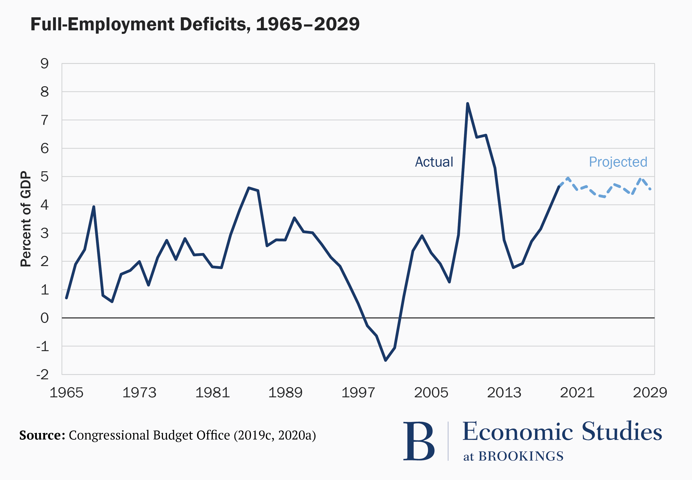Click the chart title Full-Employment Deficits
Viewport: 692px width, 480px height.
click(x=195, y=24)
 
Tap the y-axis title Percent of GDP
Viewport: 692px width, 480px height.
click(x=26, y=219)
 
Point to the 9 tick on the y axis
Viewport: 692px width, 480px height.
click(x=45, y=64)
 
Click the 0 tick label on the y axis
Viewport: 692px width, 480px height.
click(x=45, y=318)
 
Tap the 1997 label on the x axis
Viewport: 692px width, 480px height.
click(x=358, y=393)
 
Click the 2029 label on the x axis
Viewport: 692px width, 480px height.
click(x=650, y=393)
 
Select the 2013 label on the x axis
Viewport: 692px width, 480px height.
click(x=504, y=393)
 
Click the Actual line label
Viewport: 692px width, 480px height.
click(x=434, y=162)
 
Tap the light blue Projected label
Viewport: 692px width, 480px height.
click(x=618, y=162)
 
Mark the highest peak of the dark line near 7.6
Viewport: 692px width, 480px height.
click(x=467, y=104)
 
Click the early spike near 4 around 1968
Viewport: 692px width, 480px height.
click(x=94, y=207)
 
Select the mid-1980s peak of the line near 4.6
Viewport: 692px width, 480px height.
click(x=249, y=188)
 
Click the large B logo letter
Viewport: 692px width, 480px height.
click(x=419, y=441)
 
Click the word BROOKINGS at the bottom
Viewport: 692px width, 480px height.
click(x=521, y=456)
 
